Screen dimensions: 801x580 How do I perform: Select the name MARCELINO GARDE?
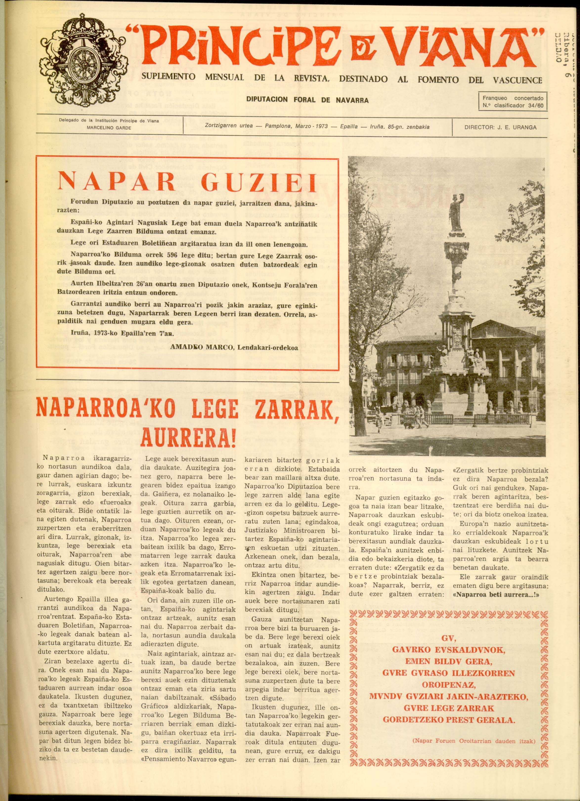pos(109,128)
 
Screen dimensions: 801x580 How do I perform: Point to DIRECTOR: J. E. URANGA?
pos(500,127)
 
